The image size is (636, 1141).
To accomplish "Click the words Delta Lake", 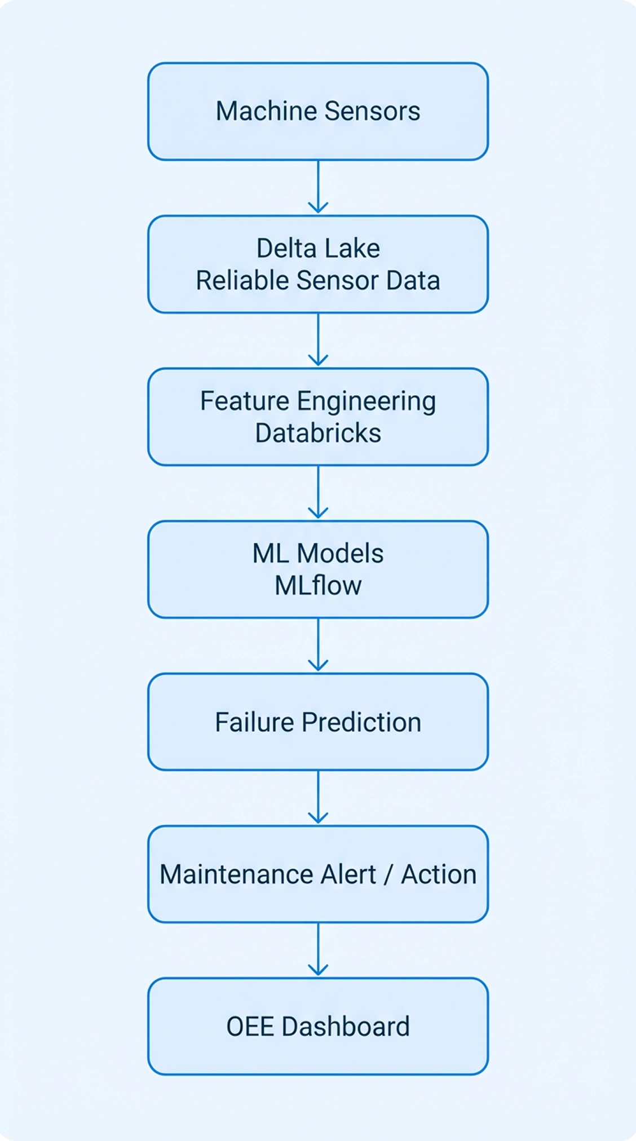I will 318,249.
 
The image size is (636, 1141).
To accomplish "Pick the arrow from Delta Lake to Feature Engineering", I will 318,340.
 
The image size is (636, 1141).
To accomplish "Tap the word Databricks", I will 318,434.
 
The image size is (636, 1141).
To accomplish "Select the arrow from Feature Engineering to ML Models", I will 318,492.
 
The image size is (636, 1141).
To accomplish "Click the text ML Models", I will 318,554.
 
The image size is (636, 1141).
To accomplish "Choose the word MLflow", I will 318,586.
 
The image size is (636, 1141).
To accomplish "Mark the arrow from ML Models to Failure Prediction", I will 318,645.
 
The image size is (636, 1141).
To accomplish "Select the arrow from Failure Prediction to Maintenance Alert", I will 318,797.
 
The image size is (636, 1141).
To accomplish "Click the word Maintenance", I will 236,874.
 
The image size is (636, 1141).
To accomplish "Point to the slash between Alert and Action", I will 388,875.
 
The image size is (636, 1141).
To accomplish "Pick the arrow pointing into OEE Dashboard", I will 318,949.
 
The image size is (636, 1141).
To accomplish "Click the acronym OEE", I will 250,1027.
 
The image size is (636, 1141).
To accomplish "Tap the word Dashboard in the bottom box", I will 345,1027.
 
